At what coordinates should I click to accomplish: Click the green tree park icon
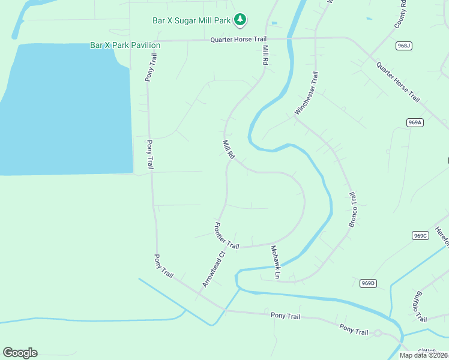240,20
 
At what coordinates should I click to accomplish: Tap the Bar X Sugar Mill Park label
191,20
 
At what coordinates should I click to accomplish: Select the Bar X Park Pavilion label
125,45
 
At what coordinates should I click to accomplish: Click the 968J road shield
404,46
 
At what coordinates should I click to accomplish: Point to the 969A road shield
415,122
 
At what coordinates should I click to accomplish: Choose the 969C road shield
420,235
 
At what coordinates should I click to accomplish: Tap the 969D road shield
368,283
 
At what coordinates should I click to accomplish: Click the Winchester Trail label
306,93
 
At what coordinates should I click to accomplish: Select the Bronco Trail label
353,209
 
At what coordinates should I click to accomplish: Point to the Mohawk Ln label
275,262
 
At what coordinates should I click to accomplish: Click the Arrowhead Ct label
213,268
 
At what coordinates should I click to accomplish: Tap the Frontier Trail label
226,236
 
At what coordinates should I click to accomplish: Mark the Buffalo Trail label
418,306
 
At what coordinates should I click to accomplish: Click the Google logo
20,353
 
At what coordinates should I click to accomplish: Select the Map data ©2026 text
423,355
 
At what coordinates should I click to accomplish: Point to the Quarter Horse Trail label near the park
238,40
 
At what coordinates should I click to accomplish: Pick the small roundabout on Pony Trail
378,333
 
